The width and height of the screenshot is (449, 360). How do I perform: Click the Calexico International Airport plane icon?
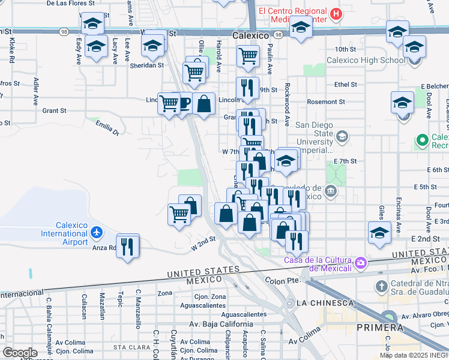97,232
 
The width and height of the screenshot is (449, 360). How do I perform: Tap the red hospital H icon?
337,14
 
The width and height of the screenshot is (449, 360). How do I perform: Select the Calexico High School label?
366,60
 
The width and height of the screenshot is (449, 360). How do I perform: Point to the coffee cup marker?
183,103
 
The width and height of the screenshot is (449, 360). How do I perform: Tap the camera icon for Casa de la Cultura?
360,262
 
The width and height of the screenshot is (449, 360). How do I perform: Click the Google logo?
20,353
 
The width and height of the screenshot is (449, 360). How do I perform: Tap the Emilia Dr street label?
107,127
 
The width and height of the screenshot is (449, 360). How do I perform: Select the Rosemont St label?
326,102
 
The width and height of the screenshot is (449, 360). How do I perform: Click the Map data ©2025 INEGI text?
414,355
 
